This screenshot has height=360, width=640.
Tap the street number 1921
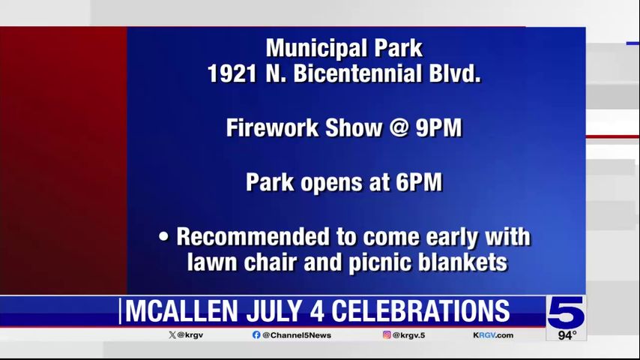click(x=232, y=74)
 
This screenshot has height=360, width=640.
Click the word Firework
click(x=272, y=128)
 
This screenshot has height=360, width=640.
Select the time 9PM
click(x=438, y=128)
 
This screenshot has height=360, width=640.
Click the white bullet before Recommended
click(x=163, y=237)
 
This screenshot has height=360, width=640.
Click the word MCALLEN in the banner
click(x=181, y=311)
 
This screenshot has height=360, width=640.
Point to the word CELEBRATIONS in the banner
click(x=420, y=311)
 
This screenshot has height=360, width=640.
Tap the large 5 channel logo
click(x=566, y=313)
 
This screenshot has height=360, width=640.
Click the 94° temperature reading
click(x=567, y=335)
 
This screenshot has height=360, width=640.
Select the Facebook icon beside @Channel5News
click(x=256, y=335)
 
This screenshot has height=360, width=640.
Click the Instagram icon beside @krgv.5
click(x=387, y=334)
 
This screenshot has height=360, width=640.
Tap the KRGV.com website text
click(x=493, y=335)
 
